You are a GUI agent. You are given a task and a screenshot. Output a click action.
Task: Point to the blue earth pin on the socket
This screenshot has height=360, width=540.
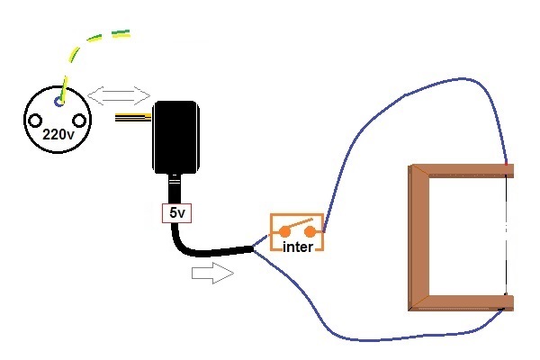pyautogui.click(x=58, y=102)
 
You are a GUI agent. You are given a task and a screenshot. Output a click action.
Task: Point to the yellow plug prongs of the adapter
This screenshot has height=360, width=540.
pyautogui.click(x=135, y=118)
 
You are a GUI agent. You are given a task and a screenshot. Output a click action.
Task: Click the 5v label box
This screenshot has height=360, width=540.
pyautogui.click(x=174, y=214)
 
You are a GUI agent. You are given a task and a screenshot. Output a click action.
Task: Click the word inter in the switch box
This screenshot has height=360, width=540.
pyautogui.click(x=297, y=246)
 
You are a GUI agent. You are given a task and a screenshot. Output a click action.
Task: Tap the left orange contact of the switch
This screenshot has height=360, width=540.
pyautogui.click(x=285, y=231)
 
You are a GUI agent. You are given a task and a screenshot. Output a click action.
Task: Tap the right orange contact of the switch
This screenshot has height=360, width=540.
pyautogui.click(x=310, y=231)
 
